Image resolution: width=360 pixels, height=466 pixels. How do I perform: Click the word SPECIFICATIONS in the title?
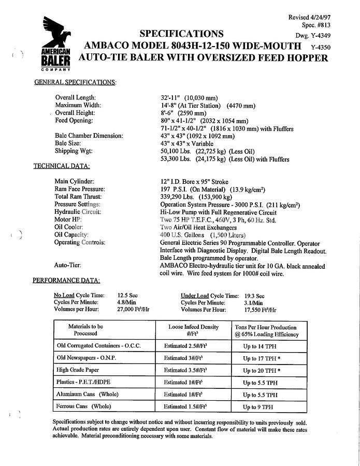[x=181, y=34]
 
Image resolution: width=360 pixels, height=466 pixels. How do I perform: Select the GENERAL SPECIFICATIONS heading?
[x=75, y=82]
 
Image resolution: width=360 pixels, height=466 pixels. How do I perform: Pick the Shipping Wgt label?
[x=74, y=151]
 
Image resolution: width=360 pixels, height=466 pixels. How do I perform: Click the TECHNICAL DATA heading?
[x=62, y=166]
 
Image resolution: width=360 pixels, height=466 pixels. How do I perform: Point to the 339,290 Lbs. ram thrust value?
[x=180, y=197]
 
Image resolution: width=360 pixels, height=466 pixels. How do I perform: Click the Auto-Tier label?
[x=68, y=265]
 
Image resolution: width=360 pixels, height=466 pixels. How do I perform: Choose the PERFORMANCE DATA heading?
[x=66, y=280]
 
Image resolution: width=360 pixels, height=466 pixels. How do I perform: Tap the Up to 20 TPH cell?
[x=262, y=370]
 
